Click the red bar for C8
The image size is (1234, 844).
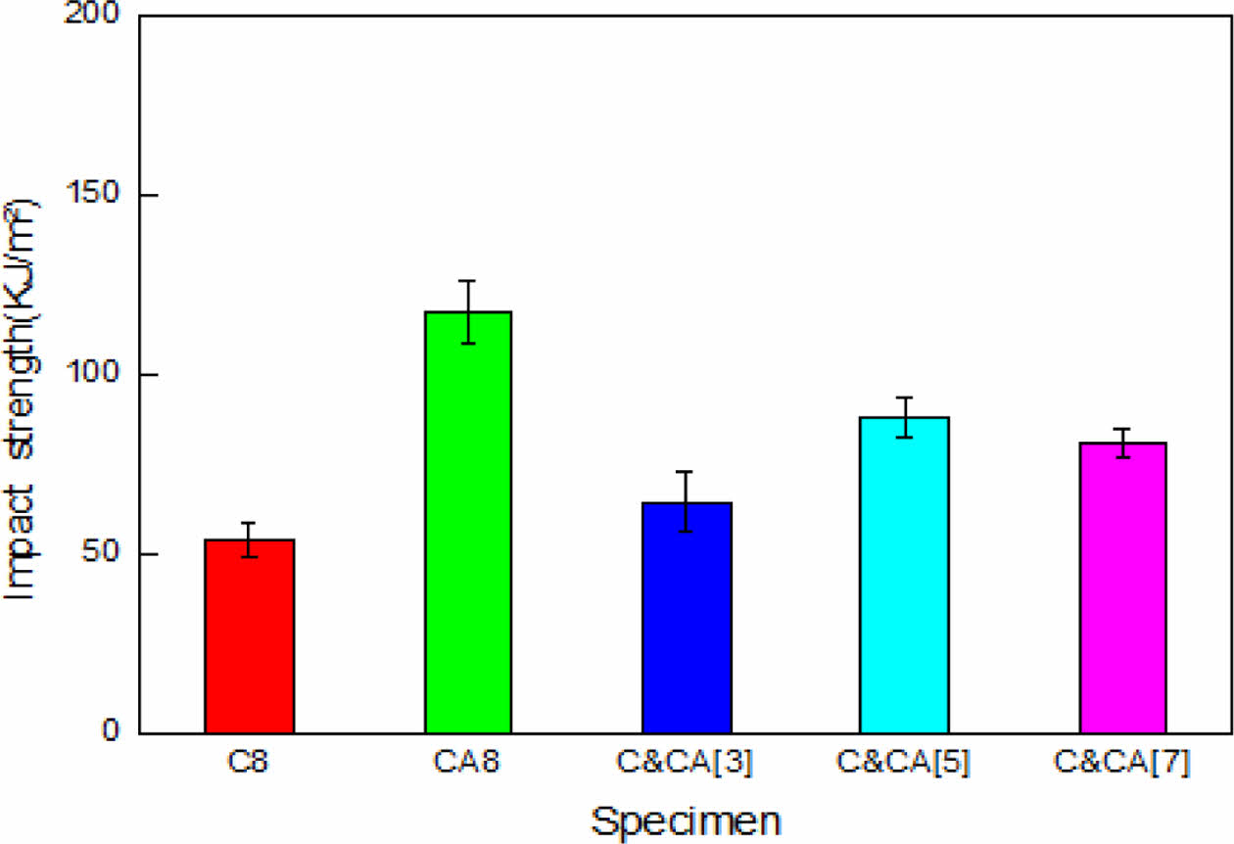pyautogui.click(x=250, y=636)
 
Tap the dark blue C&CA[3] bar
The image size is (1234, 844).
pyautogui.click(x=687, y=618)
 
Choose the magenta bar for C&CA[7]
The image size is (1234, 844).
pyautogui.click(x=1122, y=587)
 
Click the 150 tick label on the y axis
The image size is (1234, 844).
pyautogui.click(x=98, y=196)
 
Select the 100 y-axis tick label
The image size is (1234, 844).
pyautogui.click(x=98, y=375)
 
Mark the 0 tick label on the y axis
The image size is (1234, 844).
pyautogui.click(x=115, y=732)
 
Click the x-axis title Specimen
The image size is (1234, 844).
pyautogui.click(x=685, y=820)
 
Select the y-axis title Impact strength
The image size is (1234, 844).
pyautogui.click(x=24, y=401)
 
